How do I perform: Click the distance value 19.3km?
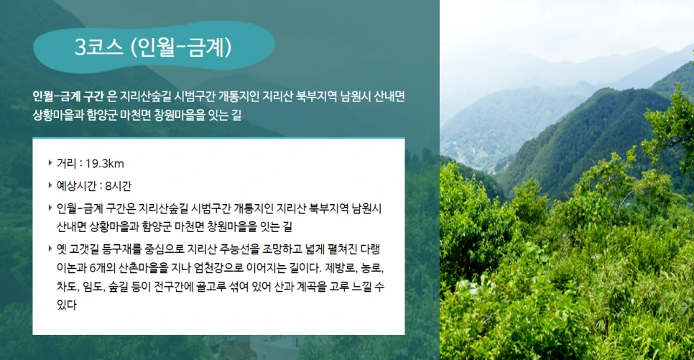[x=104, y=163]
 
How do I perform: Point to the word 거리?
[x=66, y=163]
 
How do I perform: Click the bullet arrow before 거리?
[x=49, y=163]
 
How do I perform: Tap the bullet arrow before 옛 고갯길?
[x=49, y=249]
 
